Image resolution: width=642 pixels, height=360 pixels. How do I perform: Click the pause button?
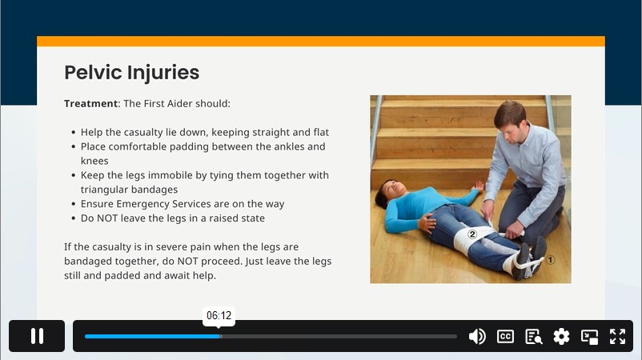37,336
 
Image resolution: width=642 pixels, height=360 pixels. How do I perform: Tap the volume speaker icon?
477,336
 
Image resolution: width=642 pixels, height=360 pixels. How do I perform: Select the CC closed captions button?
505,336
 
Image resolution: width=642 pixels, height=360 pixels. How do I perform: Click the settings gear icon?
561,336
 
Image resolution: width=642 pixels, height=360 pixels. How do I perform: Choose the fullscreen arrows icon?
617,336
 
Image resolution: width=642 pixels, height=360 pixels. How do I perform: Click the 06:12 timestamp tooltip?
219,316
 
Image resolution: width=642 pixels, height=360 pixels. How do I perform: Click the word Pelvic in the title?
93,73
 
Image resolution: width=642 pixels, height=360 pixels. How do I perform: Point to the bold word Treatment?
91,103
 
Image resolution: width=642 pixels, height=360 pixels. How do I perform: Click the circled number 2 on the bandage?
472,234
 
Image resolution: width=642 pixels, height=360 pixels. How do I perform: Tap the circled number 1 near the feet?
550,260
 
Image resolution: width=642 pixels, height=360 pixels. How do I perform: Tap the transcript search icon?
533,336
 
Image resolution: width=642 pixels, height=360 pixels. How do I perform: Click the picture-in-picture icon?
590,336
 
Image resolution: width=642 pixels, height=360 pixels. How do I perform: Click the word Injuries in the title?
163,74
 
